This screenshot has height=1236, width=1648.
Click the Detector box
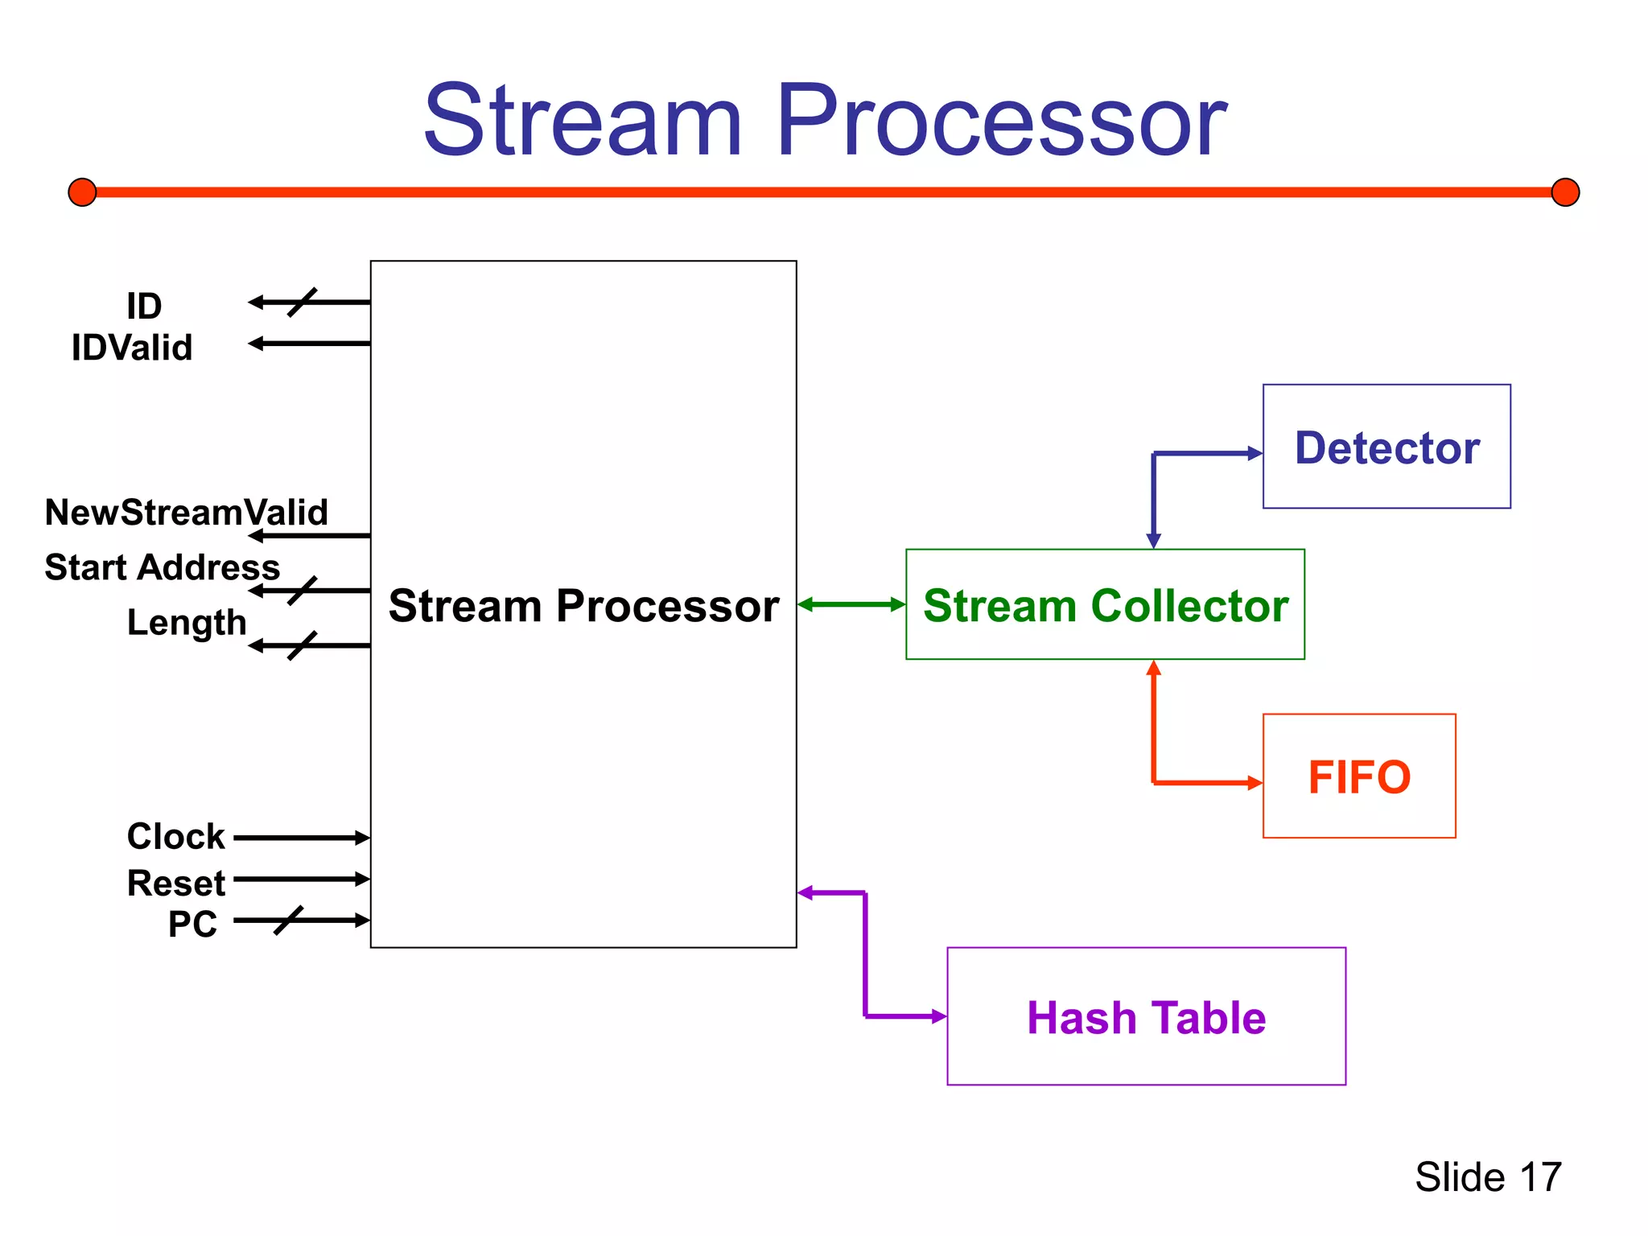(x=1386, y=447)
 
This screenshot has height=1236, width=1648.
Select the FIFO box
(x=1358, y=776)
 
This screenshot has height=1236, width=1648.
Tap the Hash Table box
(x=1146, y=1016)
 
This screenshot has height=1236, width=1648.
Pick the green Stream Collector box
(x=1105, y=604)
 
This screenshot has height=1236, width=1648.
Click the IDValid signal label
(x=132, y=348)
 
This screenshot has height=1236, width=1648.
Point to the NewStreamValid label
(x=186, y=512)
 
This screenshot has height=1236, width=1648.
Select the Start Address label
(x=162, y=567)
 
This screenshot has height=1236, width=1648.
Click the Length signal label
(x=186, y=622)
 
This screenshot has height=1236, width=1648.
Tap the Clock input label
(x=175, y=836)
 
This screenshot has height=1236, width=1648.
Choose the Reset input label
(x=175, y=883)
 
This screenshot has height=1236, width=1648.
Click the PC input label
(x=192, y=924)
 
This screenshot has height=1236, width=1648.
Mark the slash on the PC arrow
(x=288, y=920)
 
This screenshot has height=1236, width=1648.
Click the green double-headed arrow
(x=851, y=604)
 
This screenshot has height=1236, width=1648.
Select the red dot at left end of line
(x=82, y=192)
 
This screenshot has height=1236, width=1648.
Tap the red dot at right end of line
(x=1565, y=192)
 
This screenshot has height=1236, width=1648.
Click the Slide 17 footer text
(x=1488, y=1176)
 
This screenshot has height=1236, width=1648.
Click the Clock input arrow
(x=302, y=838)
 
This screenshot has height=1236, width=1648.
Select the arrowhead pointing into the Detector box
(x=1255, y=453)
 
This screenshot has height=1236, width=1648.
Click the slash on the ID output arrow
(x=302, y=302)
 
